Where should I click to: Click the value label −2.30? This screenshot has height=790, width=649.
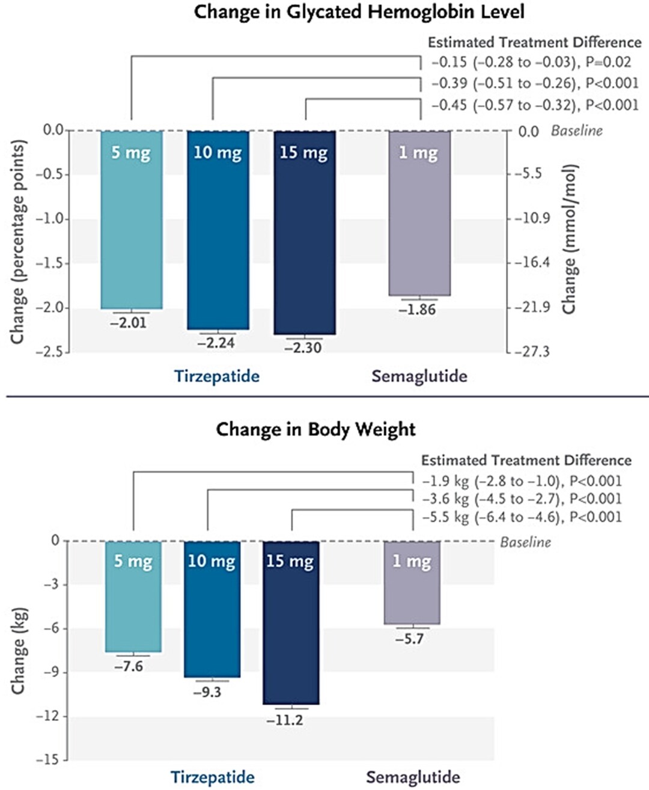tap(303, 348)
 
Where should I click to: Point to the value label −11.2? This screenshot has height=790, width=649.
tap(285, 720)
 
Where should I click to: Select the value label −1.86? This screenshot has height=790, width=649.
tap(417, 310)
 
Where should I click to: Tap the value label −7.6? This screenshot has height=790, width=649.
tap(129, 666)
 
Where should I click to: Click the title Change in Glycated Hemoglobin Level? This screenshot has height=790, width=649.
tap(359, 12)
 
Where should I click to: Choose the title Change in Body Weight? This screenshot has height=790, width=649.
tap(315, 429)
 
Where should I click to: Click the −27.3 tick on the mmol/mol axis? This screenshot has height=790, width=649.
tap(532, 352)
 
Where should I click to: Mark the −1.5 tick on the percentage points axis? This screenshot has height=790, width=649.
tap(52, 263)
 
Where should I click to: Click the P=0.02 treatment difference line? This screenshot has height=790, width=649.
tap(531, 62)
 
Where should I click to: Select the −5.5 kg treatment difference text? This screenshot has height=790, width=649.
tap(522, 517)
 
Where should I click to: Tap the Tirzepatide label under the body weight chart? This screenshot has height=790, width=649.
tap(212, 777)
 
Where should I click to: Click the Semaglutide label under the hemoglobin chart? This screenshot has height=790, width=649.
tap(419, 376)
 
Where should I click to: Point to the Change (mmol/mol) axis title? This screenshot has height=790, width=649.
tap(568, 239)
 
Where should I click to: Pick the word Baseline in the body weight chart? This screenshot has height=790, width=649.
tap(525, 542)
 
